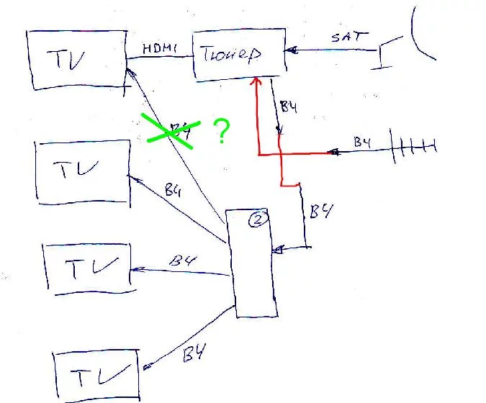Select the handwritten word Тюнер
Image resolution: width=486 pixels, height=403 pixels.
tap(229, 55)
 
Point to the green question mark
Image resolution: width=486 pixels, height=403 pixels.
tap(222, 132)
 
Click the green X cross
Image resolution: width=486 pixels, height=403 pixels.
tap(169, 132)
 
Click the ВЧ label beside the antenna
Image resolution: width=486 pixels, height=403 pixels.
tap(362, 142)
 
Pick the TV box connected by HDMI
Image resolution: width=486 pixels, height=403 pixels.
tap(75, 59)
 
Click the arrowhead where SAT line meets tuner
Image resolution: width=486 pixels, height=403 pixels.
tap(289, 50)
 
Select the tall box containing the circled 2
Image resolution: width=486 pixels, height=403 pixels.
tap(251, 263)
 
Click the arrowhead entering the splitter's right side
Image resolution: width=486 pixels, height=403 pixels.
tap(279, 250)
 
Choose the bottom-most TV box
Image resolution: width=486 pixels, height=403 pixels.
tap(96, 376)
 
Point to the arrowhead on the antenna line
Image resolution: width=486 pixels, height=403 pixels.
tap(333, 152)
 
